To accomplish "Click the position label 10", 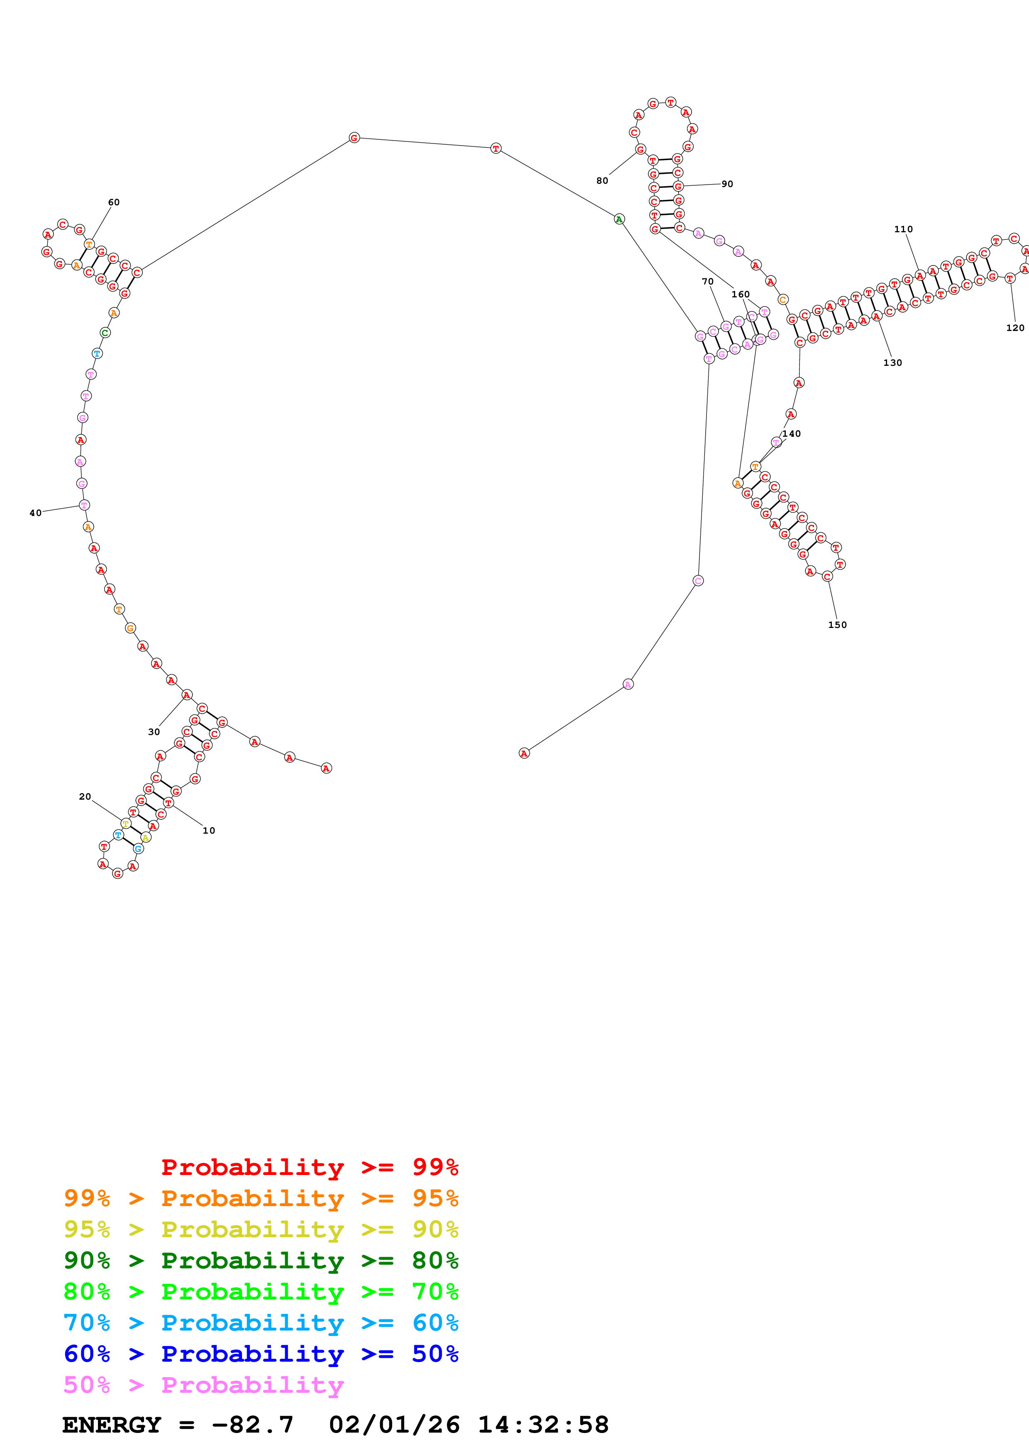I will (209, 830).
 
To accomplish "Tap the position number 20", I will (85, 797).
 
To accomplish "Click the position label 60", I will (113, 202).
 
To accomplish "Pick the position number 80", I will (602, 180).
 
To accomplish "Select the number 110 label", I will (904, 229).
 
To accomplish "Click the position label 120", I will (1015, 328).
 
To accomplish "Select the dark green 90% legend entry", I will (261, 1260).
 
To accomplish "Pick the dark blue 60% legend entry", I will (261, 1354).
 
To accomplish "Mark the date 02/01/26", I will (394, 1425).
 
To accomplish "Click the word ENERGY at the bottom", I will (112, 1425).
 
